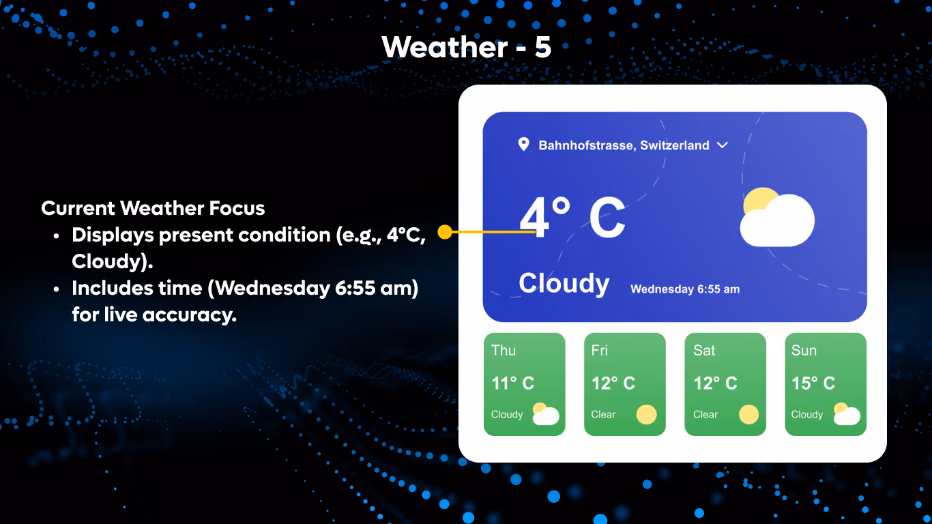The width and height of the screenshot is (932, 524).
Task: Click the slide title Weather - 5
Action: tap(466, 47)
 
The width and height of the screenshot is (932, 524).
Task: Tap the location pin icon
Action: tap(523, 144)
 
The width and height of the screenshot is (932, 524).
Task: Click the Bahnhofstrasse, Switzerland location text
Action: tap(624, 145)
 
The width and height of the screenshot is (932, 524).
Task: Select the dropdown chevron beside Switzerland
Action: tap(723, 145)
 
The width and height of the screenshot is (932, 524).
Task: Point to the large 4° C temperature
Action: tap(572, 218)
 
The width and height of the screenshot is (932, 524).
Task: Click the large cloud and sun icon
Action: tap(777, 217)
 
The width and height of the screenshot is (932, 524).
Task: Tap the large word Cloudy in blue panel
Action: tap(564, 283)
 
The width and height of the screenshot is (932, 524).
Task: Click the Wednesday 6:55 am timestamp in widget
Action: tap(684, 289)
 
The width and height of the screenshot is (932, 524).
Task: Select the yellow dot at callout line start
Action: tap(444, 232)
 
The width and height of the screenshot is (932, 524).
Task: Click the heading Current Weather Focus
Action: tap(153, 208)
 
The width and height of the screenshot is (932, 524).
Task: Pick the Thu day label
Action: tap(504, 351)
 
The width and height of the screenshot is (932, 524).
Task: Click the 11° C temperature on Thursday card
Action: tap(512, 383)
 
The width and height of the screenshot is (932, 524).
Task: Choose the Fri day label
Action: tap(599, 351)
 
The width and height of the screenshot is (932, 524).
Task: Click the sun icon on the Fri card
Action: tap(646, 414)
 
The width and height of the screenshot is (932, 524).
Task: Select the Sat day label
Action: tap(704, 351)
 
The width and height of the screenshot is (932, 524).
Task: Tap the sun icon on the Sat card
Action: tap(748, 414)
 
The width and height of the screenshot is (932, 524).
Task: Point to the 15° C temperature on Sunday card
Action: tap(813, 383)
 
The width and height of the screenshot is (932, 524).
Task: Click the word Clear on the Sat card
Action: tap(705, 414)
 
